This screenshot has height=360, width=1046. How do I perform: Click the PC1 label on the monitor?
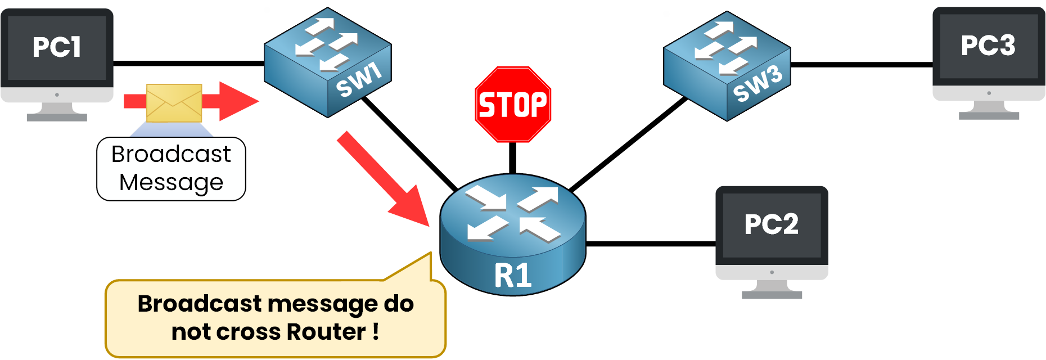57,47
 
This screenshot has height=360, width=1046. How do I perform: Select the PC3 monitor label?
988,46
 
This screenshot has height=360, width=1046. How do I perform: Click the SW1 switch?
328,62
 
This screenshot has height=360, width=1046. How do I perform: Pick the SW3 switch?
727,66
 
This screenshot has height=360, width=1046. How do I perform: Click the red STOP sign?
513,105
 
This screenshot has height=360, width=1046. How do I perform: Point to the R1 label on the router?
513,276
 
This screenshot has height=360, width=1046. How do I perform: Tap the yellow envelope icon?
174,103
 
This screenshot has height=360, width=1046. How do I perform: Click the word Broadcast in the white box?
171,154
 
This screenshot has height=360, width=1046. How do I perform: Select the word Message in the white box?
171,182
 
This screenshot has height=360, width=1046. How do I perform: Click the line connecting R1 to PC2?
651,244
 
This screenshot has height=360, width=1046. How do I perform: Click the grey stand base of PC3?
989,116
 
